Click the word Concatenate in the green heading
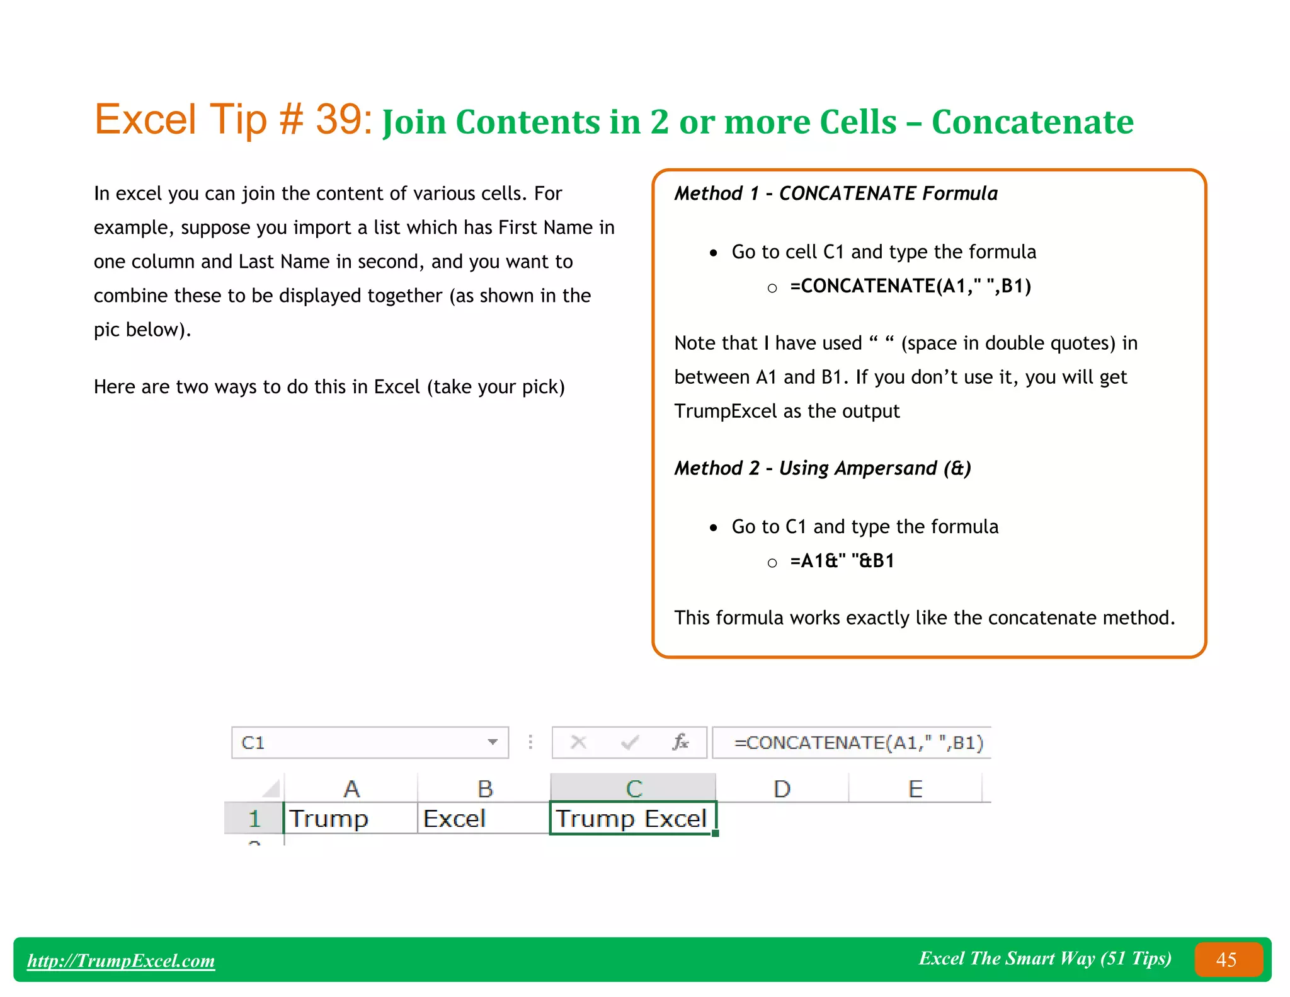[1032, 122]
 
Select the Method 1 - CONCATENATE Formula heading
[836, 193]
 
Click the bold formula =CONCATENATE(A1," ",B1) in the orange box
[910, 286]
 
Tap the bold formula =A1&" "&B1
[842, 561]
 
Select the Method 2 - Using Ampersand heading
[822, 468]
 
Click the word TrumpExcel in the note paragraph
[725, 412]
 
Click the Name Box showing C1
[359, 742]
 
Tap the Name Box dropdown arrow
[493, 742]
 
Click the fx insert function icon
[680, 742]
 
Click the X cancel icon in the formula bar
[578, 742]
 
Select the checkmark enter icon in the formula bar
[629, 742]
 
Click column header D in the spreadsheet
[782, 789]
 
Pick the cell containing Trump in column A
[350, 819]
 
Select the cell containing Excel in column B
[482, 819]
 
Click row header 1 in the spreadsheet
[254, 819]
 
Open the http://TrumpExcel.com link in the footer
[121, 960]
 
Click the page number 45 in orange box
[1226, 960]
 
